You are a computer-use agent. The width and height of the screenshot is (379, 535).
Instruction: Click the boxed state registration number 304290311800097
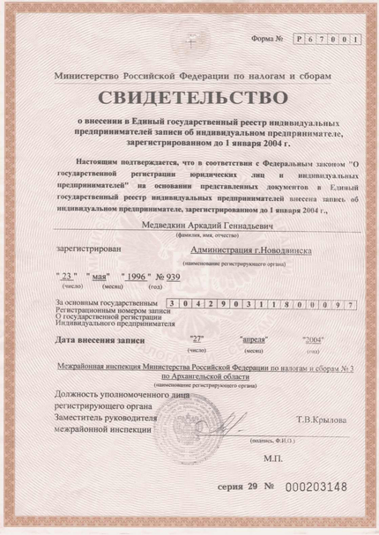[257, 304]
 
